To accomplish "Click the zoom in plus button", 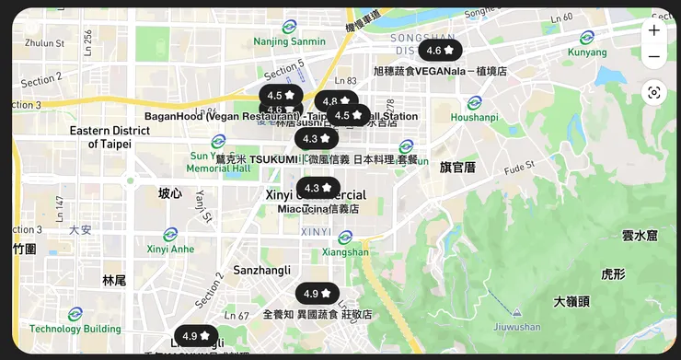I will (x=653, y=30).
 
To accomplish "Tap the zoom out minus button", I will (x=653, y=57).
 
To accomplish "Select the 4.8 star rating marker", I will (x=337, y=101).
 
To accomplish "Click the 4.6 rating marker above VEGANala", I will (x=441, y=51).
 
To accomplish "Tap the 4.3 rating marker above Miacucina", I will (x=318, y=188).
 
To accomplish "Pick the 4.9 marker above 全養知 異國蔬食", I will (x=317, y=294).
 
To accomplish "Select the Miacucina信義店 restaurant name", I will (x=317, y=209).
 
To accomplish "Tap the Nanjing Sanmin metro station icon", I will (x=290, y=26).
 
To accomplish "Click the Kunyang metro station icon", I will (x=587, y=38).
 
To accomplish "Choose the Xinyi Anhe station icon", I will (x=170, y=235).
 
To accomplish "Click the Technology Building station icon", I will (x=75, y=313).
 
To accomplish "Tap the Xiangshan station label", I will (x=345, y=252).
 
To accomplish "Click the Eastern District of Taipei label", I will (x=110, y=137).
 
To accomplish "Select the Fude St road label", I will (x=518, y=168).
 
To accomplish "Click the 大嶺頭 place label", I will (x=571, y=302).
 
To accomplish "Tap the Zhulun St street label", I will (x=44, y=42).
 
